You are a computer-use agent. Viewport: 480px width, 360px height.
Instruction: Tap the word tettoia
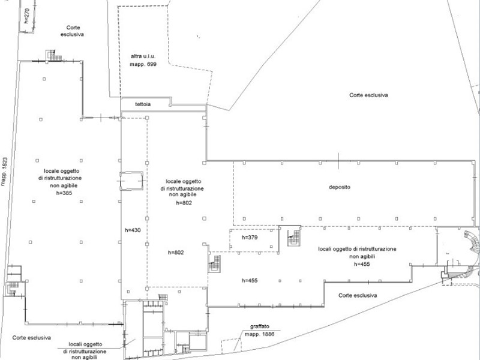click(143, 104)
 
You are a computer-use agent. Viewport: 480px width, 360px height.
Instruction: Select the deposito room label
click(339, 187)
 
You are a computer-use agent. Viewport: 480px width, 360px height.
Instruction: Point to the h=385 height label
click(67, 193)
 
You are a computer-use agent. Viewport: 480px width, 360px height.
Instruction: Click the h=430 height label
click(133, 230)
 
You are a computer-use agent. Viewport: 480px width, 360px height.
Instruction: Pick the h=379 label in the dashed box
click(250, 238)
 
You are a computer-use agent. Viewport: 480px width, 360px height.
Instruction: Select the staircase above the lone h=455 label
click(215, 263)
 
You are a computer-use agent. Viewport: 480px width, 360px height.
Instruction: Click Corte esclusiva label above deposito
click(368, 95)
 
